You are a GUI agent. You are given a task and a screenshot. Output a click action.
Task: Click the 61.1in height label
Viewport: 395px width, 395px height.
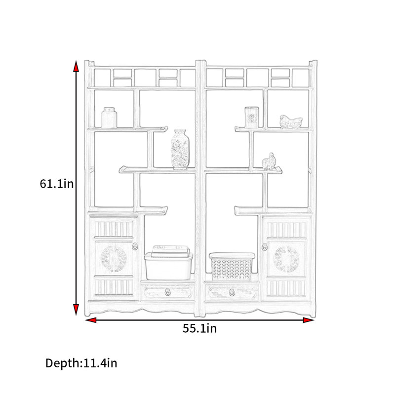[57, 184]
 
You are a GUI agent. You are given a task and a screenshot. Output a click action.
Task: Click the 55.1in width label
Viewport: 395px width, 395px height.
[199, 328]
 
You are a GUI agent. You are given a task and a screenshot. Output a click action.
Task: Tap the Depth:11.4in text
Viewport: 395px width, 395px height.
[81, 363]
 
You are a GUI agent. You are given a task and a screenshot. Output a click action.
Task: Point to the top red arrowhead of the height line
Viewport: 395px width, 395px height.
[76, 66]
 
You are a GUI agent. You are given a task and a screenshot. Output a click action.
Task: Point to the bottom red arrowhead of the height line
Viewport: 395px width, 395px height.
[76, 310]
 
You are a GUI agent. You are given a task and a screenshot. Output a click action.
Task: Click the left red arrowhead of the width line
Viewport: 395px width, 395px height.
[90, 320]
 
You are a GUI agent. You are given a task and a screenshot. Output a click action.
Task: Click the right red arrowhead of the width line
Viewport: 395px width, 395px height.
[308, 320]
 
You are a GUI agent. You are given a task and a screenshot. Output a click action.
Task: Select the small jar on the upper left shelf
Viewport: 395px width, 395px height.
[109, 118]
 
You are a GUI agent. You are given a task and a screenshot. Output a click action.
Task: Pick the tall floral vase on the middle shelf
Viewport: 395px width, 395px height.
[180, 149]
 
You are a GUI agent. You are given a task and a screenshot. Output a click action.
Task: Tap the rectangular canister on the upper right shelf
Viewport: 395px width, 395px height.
[252, 117]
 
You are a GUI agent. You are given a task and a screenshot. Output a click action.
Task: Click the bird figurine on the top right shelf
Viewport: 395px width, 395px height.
[291, 122]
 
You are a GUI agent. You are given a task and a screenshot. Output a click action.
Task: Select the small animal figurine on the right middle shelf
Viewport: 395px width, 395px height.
[269, 161]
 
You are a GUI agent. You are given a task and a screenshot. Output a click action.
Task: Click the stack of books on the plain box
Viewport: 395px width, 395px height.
[170, 251]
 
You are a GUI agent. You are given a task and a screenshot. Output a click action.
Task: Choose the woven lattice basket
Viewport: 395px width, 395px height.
[232, 267]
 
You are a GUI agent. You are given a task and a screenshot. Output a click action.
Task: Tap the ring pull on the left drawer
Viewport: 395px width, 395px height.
[167, 292]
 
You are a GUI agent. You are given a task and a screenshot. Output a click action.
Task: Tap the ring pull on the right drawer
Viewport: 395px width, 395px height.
[232, 292]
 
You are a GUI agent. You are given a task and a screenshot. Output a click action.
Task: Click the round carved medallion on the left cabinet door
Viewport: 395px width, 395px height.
[113, 259]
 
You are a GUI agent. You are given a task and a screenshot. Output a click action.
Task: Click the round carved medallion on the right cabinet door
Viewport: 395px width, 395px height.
[286, 260]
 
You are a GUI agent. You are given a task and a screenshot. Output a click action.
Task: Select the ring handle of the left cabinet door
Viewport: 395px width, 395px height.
[135, 246]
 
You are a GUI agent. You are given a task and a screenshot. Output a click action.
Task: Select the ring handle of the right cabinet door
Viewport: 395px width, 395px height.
[264, 247]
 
